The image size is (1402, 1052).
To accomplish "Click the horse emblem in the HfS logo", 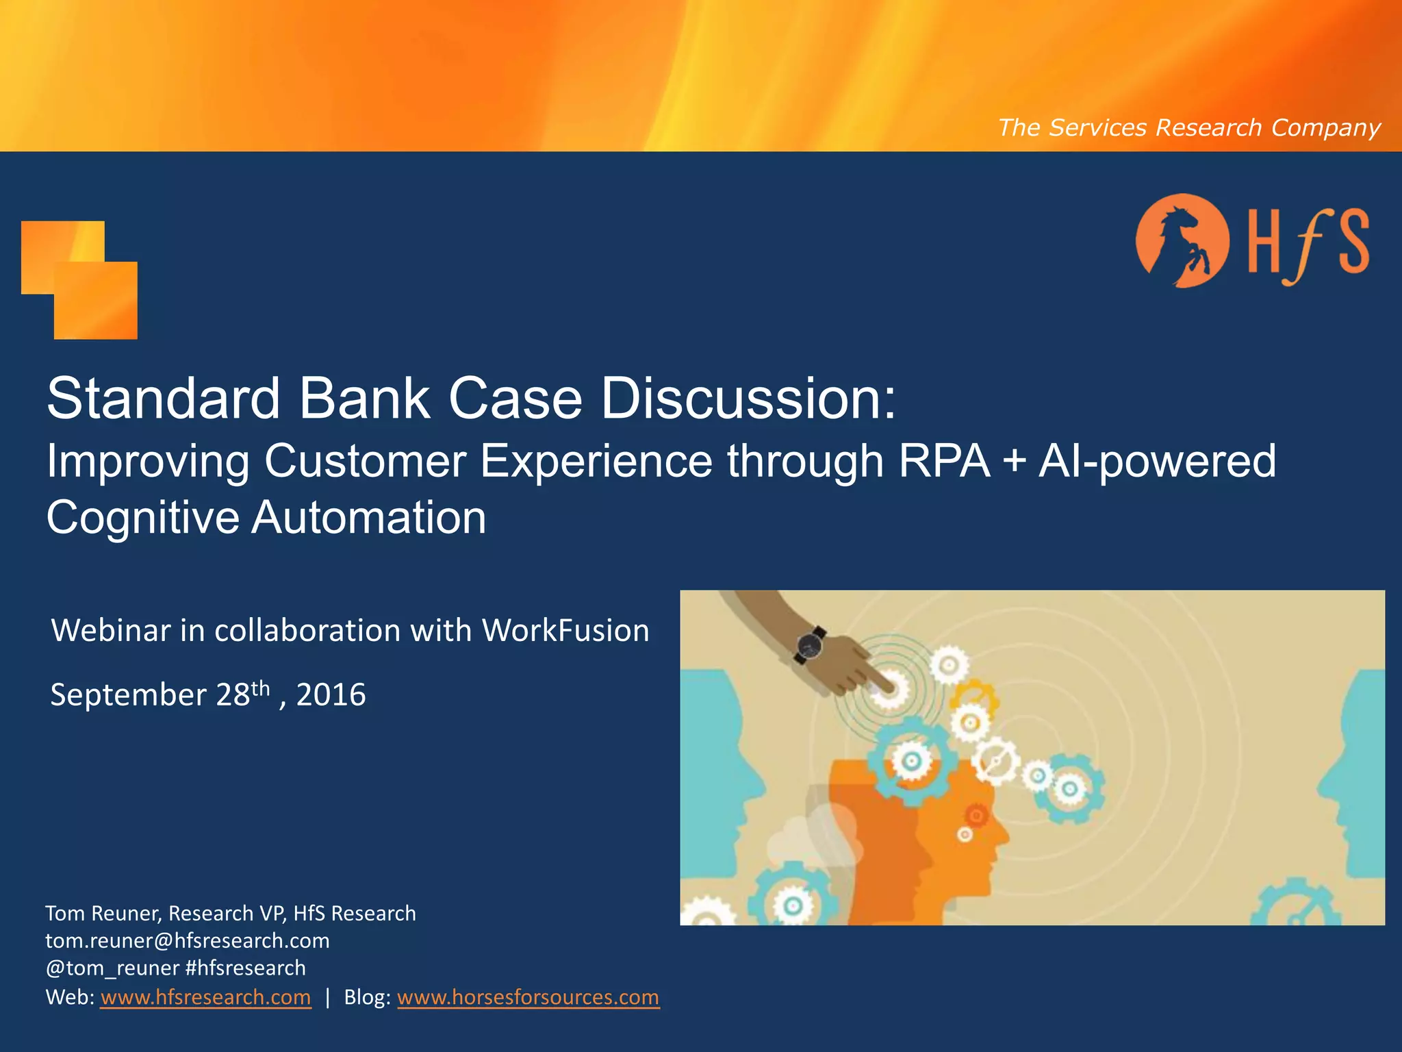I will (1182, 241).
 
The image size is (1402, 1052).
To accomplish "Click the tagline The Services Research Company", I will (1188, 128).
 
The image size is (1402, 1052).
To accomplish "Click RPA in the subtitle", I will (944, 461).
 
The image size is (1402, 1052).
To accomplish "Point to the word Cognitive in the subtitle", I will (142, 518).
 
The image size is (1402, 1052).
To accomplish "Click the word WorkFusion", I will (565, 631).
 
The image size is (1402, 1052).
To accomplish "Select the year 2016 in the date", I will (331, 695).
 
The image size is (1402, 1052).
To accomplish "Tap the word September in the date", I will (128, 695).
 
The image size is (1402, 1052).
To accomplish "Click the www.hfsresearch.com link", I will (205, 997).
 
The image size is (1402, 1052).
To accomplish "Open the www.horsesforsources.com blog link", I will (528, 997).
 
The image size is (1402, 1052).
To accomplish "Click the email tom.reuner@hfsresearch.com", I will (188, 941).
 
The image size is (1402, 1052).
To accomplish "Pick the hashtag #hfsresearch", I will (246, 968).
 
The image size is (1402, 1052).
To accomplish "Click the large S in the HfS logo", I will (1353, 242).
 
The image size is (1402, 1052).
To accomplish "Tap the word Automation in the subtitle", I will (369, 518).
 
